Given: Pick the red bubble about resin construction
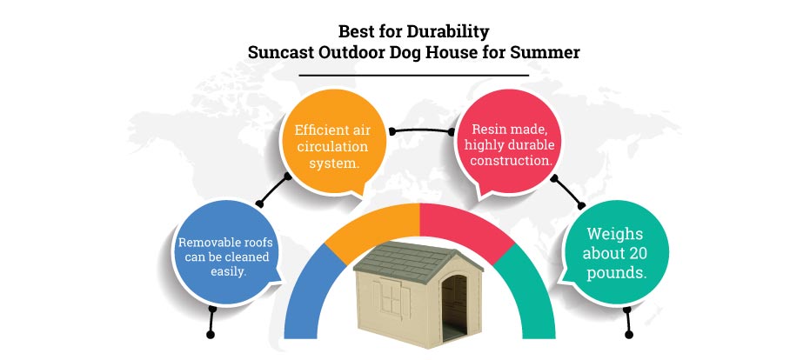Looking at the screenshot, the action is tap(509, 144).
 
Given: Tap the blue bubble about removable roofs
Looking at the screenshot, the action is tap(226, 254).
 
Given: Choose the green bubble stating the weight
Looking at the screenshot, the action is tap(615, 253).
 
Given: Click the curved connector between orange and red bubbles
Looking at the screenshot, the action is tap(421, 128).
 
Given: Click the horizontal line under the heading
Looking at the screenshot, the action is tap(414, 76).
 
